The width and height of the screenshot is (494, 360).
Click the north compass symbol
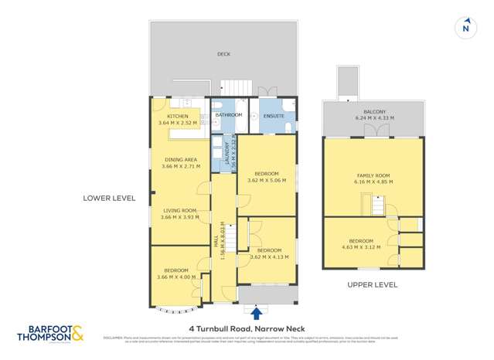465,27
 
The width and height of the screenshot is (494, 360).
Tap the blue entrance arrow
257,312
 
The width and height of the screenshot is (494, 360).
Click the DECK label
223,54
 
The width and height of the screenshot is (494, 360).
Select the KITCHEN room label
178,116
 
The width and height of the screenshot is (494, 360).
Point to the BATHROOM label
229,115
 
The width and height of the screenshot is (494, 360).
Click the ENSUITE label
274,116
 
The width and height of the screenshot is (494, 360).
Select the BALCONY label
374,112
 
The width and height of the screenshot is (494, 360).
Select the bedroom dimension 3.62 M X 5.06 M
267,180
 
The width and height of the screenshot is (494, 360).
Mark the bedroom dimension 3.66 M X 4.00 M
177,277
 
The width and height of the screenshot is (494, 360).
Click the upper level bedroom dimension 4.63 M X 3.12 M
361,247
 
